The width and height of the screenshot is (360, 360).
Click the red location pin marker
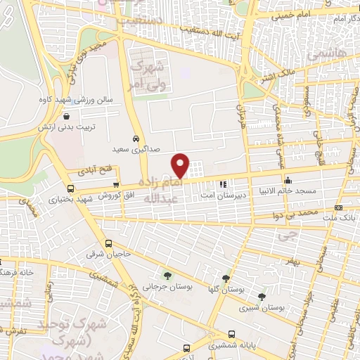pyautogui.click(x=181, y=165)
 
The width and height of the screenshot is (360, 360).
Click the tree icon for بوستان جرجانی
pyautogui.click(x=167, y=276)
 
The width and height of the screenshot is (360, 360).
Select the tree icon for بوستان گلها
pyautogui.click(x=225, y=279)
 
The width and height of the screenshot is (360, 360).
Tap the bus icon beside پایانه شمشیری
pyautogui.click(x=186, y=347)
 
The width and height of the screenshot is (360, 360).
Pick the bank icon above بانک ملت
pyautogui.click(x=339, y=208)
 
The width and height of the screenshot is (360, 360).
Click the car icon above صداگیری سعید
pyautogui.click(x=136, y=139)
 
